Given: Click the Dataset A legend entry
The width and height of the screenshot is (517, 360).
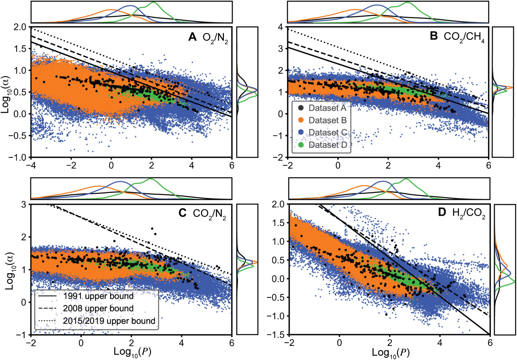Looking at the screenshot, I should click(x=327, y=108).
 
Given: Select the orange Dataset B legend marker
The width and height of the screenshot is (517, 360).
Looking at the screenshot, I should click(x=301, y=120).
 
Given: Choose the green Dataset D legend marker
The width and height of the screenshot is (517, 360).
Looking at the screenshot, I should click(x=301, y=145).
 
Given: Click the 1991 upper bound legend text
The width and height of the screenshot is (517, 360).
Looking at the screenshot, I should click(x=98, y=296).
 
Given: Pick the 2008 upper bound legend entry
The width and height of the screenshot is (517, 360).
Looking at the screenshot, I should click(x=98, y=309).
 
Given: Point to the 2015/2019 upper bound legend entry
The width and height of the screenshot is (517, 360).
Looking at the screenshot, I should click(x=109, y=321).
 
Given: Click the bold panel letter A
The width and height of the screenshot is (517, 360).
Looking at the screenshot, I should click(x=192, y=37).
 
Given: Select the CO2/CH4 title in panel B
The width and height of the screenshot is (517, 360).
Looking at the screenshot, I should click(x=464, y=37).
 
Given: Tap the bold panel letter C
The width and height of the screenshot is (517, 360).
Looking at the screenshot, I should click(x=182, y=213).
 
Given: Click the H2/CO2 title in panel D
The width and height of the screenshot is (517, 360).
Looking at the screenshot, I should click(x=469, y=213).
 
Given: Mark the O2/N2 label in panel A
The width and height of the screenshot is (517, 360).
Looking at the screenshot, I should click(x=215, y=38).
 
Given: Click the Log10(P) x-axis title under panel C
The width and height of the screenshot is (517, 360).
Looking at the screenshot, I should click(x=132, y=352).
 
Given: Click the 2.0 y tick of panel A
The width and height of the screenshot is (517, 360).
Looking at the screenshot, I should click(x=21, y=27).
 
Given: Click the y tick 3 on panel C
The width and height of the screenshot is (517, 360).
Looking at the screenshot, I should click(x=24, y=204).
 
